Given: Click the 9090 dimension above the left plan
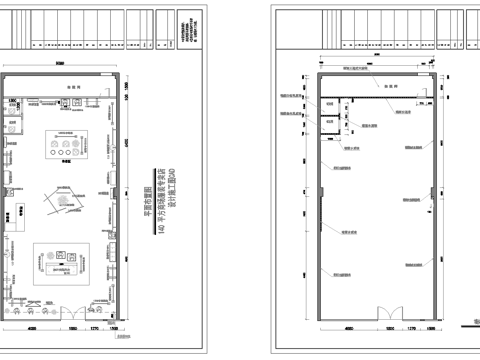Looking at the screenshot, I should point(62,64).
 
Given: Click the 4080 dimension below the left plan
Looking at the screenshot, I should point(31,327).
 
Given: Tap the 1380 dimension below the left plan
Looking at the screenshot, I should point(115,327).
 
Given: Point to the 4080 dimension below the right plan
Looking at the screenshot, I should point(347,326).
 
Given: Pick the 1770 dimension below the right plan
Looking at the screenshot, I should point(410,326).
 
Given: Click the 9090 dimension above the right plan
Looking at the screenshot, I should point(380,65).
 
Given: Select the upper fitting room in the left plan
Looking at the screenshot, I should point(14,111).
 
